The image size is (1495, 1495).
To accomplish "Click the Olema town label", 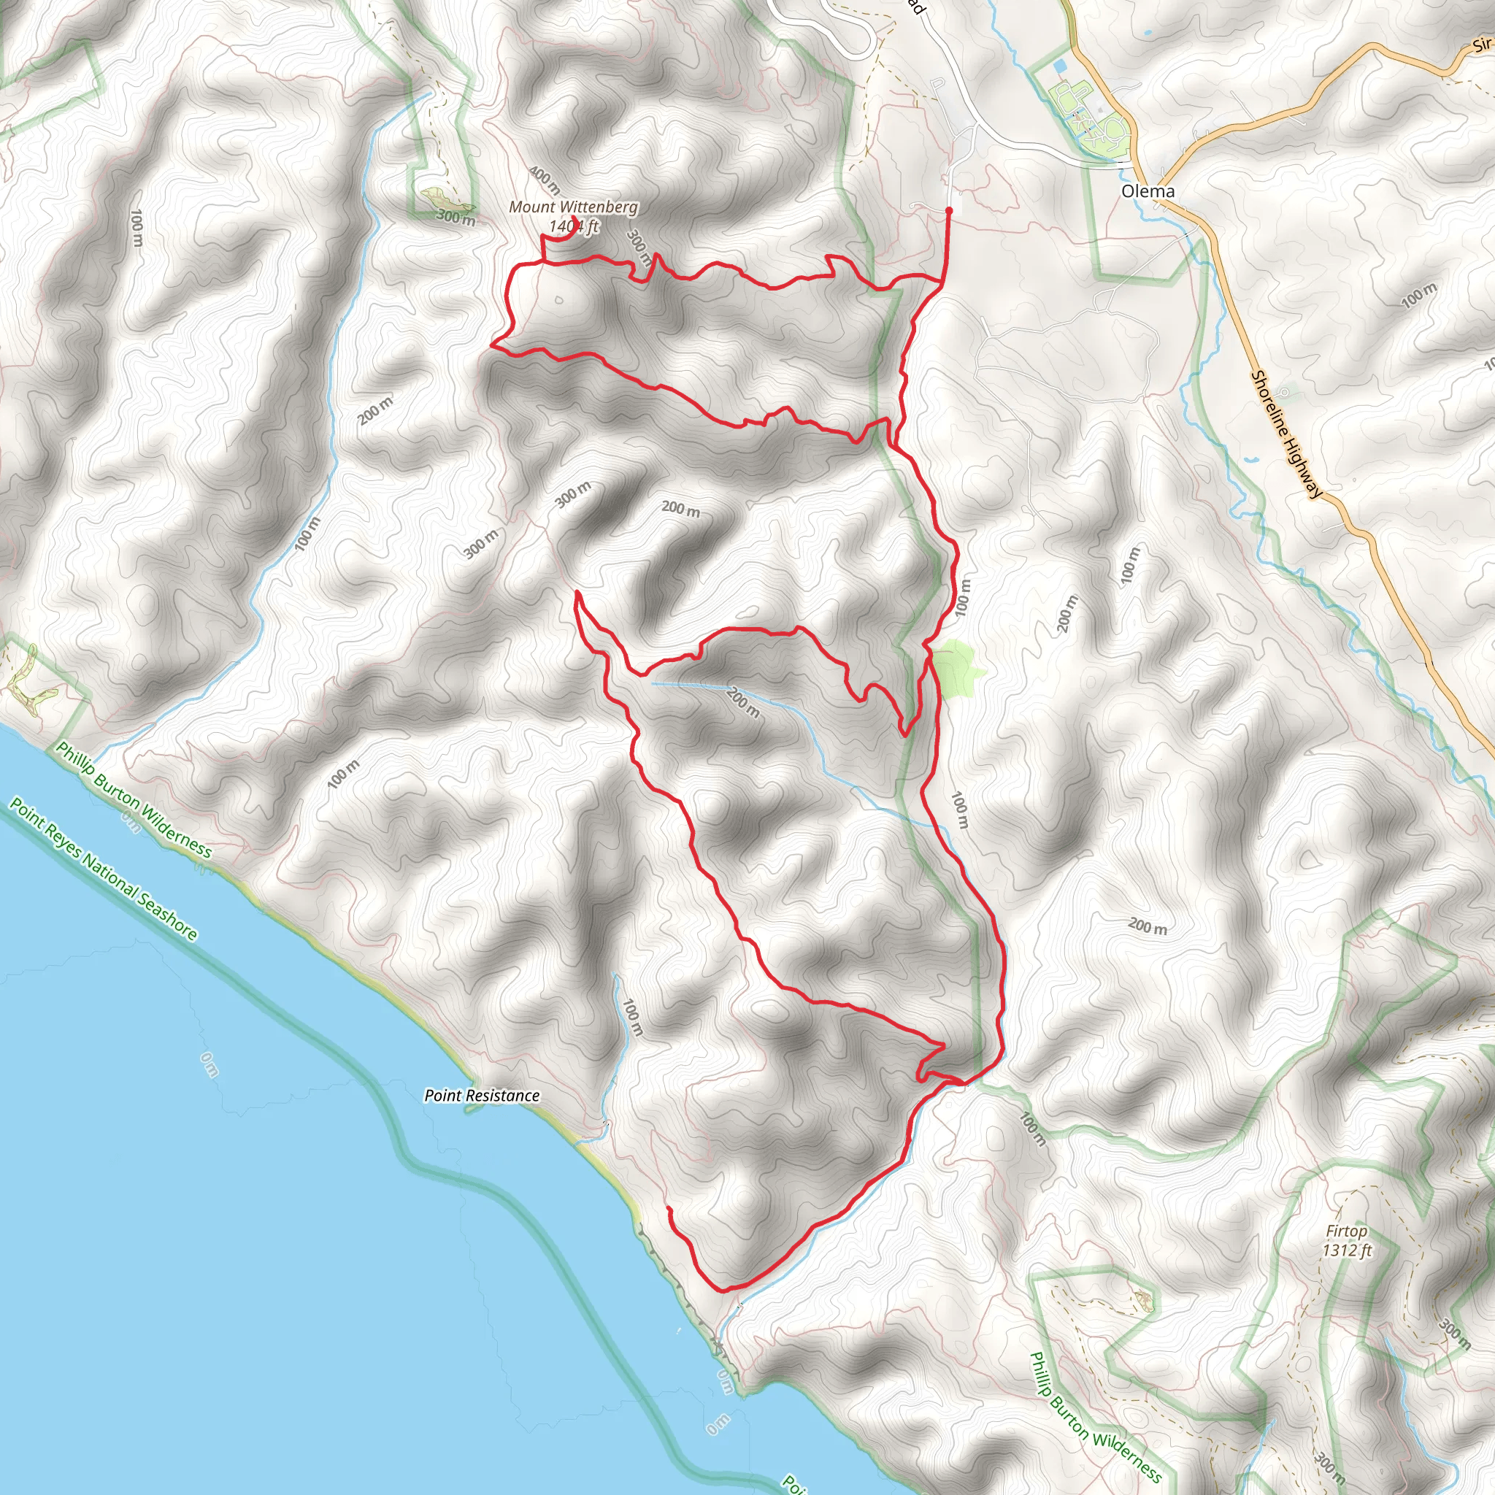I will (1148, 191).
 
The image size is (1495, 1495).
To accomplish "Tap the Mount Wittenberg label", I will (573, 207).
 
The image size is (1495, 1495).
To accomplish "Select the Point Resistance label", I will (482, 1096).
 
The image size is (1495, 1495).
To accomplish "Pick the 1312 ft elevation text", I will (1348, 1250).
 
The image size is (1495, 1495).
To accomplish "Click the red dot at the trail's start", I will (949, 210).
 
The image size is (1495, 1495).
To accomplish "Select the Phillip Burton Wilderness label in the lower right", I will (1096, 1415).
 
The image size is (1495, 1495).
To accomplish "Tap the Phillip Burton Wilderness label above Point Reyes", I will (133, 801).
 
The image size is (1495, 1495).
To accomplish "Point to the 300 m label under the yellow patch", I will (456, 218).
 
